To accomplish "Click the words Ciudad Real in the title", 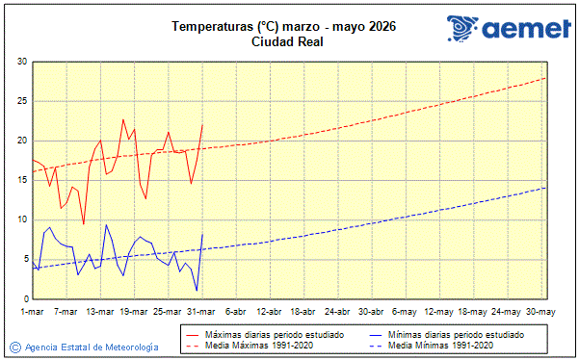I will point(286,41).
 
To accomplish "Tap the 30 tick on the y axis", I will point(21,62).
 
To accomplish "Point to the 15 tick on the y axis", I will point(21,180).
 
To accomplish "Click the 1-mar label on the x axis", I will point(33,311).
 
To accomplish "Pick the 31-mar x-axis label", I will point(200,311).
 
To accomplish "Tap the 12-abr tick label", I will point(269,311).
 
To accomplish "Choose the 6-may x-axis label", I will point(404,311).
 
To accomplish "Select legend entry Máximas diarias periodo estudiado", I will point(275,333).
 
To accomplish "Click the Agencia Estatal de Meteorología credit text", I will point(92,347).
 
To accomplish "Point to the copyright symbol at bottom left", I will point(14,347).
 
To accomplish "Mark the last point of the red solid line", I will point(202,124).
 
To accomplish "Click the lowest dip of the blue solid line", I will point(197,291).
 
